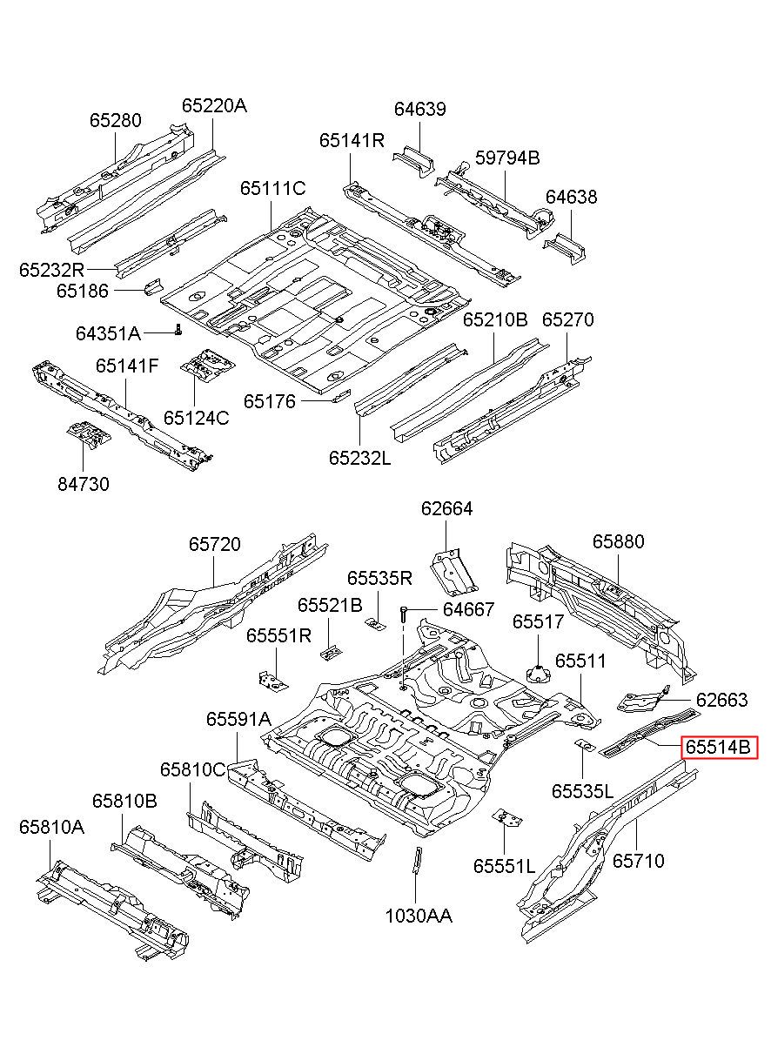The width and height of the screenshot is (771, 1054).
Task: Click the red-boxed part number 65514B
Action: tap(718, 747)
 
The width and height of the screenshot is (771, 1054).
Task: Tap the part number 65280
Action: tap(115, 120)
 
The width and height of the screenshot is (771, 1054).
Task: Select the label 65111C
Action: tap(273, 189)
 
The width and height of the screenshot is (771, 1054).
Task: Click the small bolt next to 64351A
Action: tap(178, 329)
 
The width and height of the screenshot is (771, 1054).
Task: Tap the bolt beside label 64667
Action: tap(403, 612)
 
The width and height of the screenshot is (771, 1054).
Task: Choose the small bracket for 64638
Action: tap(565, 248)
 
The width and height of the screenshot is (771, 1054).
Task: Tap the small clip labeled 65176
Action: tap(340, 396)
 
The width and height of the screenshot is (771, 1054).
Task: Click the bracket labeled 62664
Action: tap(453, 571)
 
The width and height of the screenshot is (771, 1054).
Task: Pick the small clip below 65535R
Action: tap(376, 624)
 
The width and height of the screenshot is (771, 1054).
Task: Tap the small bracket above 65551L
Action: tap(506, 818)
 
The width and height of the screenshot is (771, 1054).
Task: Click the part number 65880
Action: tap(618, 541)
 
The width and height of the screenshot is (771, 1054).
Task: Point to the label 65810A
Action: tap(51, 827)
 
